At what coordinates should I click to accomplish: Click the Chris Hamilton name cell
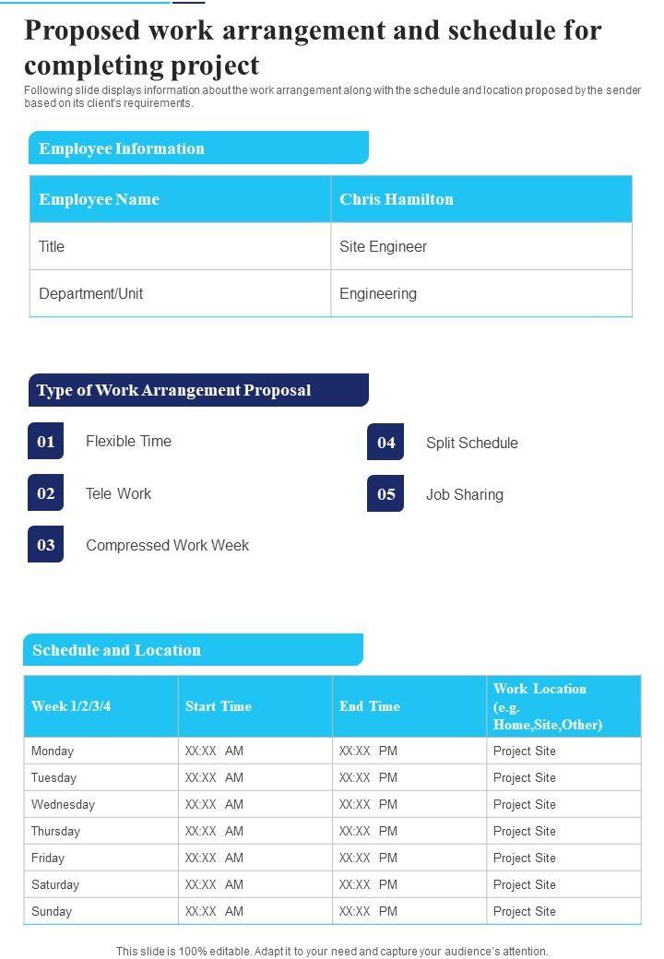397,199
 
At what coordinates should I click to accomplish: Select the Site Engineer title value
383,247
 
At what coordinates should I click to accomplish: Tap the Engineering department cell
378,294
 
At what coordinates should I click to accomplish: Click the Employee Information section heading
122,148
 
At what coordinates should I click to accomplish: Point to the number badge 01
46,442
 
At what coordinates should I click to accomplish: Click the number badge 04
385,443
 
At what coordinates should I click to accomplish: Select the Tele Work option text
118,494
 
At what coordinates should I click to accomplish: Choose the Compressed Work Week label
167,546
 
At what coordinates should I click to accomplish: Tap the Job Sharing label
465,495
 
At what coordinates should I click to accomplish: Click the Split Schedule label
471,444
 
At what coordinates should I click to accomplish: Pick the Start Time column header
219,706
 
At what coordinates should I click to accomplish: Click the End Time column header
370,706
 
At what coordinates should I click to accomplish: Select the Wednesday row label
63,805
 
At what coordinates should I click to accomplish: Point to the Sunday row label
52,912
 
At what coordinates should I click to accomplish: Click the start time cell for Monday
215,752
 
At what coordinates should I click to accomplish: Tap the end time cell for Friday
368,858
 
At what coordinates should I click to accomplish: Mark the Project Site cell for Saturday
525,885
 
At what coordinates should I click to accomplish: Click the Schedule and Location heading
116,650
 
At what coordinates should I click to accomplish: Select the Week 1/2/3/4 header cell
71,706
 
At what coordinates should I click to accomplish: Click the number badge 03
46,545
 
